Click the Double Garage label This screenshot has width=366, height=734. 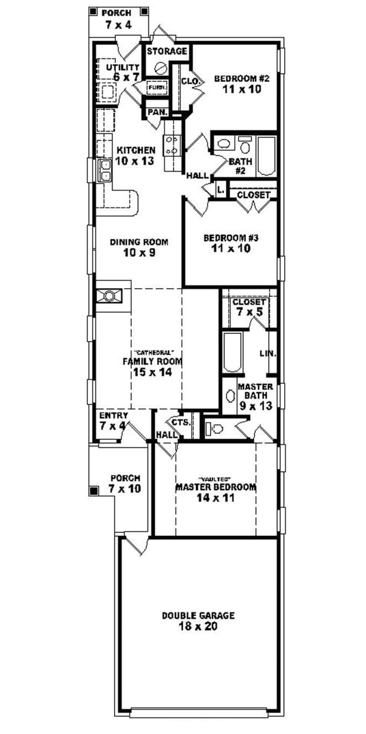(199, 615)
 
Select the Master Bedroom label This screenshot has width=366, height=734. (215, 487)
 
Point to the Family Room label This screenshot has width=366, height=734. (152, 361)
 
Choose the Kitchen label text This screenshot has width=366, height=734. (137, 150)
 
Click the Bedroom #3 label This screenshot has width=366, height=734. (231, 237)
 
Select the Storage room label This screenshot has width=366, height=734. (167, 51)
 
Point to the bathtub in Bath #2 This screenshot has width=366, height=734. (266, 156)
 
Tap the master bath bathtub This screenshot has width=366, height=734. (232, 353)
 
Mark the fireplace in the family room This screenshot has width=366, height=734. (109, 295)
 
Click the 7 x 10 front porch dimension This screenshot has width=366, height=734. (125, 488)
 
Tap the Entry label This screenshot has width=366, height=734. (114, 416)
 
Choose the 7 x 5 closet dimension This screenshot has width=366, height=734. (249, 312)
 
